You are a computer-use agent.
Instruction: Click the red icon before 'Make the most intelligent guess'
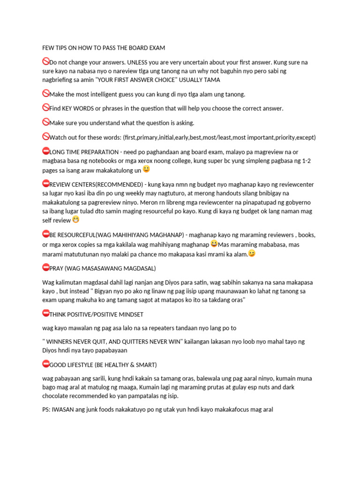pos(45,93)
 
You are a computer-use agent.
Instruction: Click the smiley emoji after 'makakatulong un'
pos(146,169)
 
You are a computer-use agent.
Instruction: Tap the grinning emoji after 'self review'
pos(75,219)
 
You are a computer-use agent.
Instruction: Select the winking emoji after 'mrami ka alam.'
pos(252,253)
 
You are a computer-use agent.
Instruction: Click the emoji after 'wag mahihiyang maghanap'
pos(214,244)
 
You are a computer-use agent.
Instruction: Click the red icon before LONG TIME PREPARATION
pos(45,151)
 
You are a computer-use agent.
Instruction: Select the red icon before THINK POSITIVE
pos(45,313)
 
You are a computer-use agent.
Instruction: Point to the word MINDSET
pos(129,314)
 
